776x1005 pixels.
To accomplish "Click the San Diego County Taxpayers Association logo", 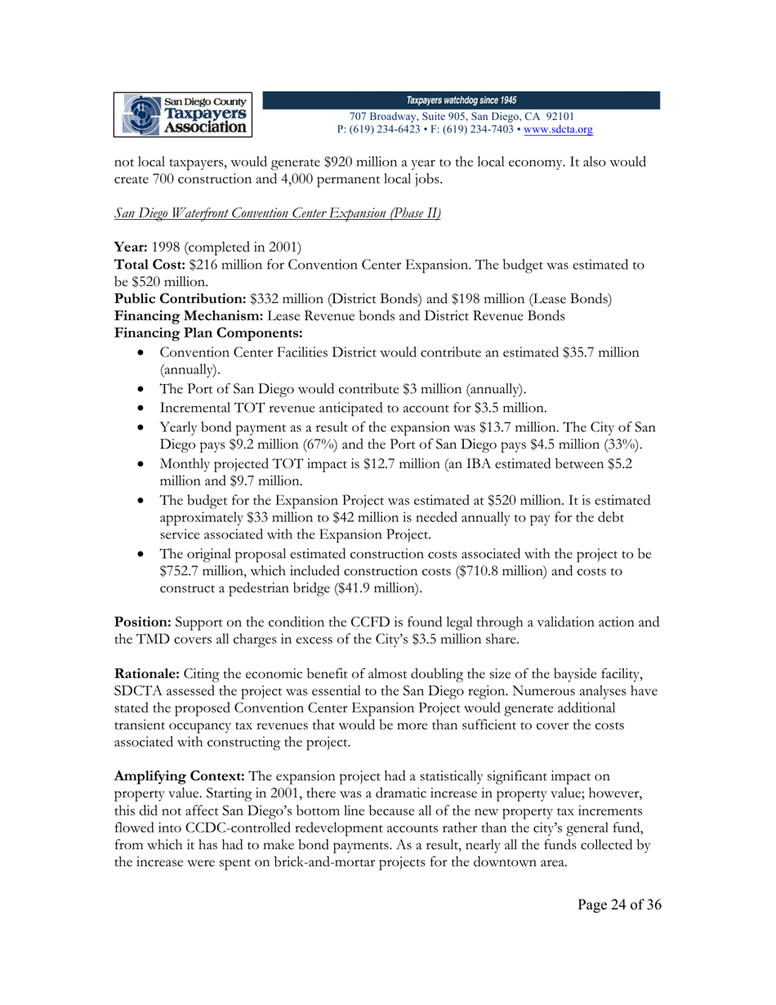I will point(187,114).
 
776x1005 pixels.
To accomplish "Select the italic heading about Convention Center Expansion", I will point(277,214).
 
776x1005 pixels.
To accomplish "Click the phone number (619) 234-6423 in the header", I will point(387,130).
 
